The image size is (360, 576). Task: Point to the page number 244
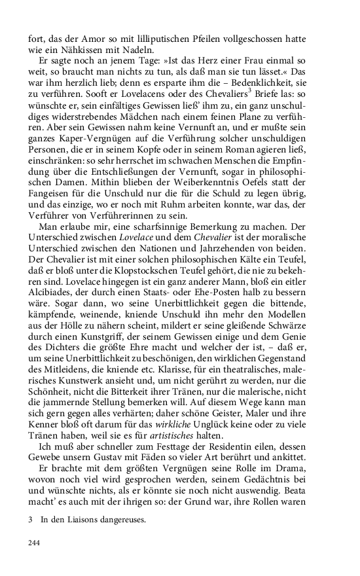pos(37,543)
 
